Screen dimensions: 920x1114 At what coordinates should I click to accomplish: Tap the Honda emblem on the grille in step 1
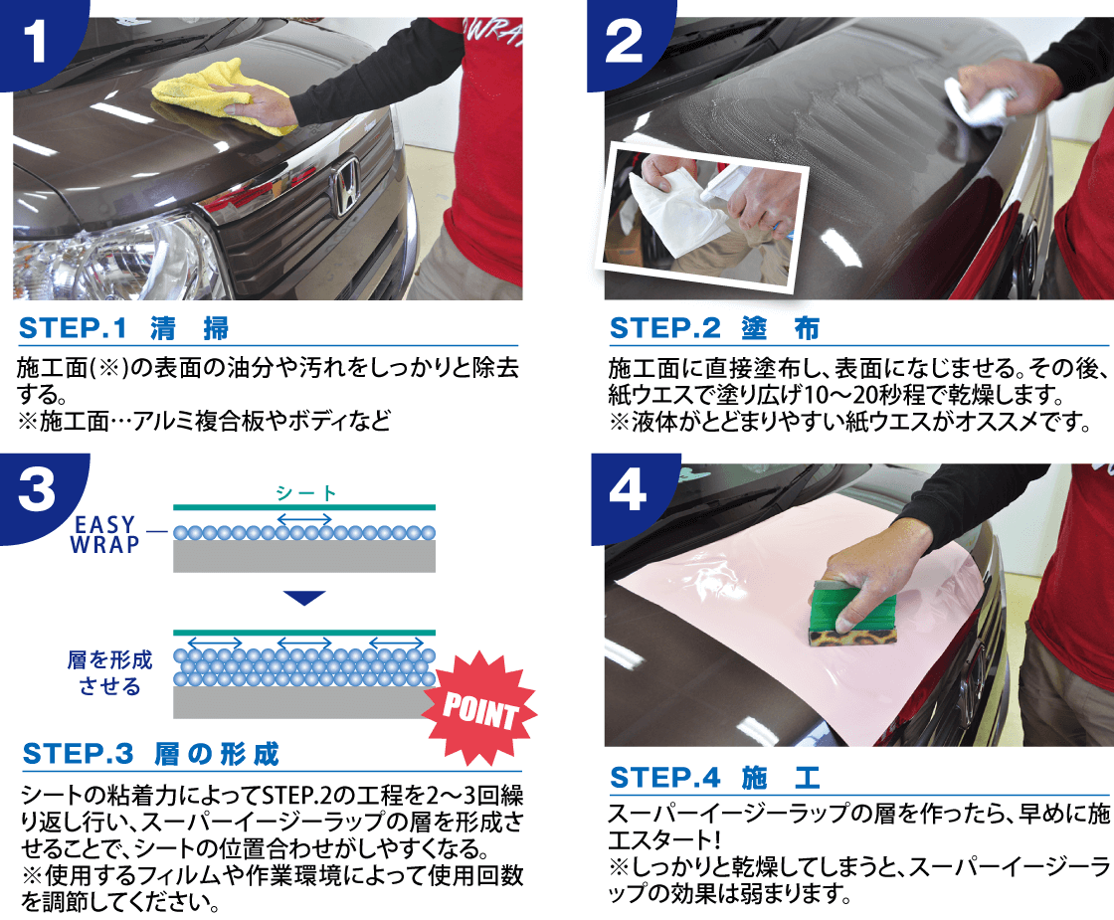point(346,188)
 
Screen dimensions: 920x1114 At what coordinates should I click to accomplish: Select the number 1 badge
point(40,42)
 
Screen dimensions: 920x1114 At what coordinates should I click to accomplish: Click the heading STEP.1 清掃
point(124,327)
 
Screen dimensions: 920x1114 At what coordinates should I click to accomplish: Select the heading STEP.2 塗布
point(714,327)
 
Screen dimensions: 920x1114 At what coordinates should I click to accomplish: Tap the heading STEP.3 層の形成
point(150,753)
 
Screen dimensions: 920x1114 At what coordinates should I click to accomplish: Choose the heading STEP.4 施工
point(714,777)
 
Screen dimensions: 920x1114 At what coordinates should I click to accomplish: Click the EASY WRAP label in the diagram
point(103,534)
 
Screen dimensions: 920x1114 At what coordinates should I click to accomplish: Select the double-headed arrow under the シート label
point(304,517)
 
